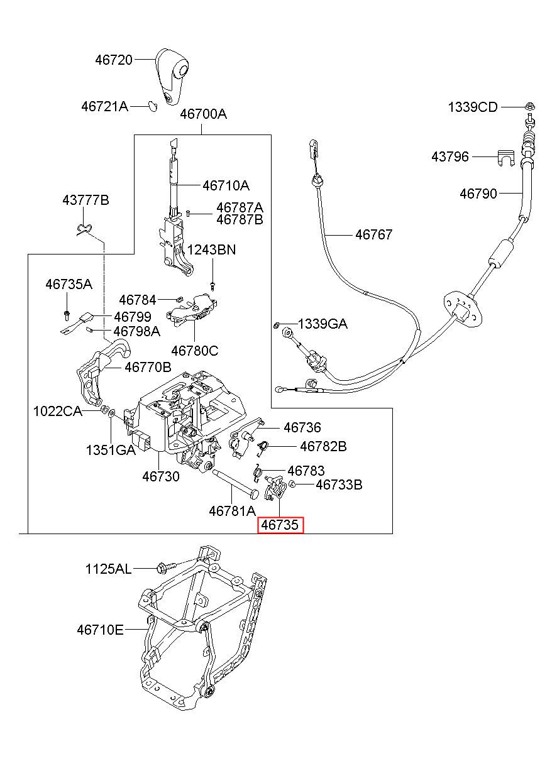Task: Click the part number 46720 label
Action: coord(114,60)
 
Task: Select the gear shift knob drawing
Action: coord(172,77)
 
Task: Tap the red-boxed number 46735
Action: coord(280,525)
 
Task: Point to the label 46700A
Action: coord(203,114)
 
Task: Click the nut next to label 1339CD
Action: coord(530,106)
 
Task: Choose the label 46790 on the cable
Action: coord(478,194)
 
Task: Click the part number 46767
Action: coord(374,234)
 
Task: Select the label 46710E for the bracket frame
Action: coord(100,630)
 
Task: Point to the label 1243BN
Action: coord(211,249)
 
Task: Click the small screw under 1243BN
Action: coord(212,286)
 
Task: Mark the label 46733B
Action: coord(339,485)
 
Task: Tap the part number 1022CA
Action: coord(57,412)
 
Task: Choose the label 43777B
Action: coord(85,200)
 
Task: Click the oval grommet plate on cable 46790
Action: coord(463,310)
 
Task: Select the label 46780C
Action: coord(195,351)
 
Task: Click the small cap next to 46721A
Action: coord(153,106)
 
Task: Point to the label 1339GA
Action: coord(323,324)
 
